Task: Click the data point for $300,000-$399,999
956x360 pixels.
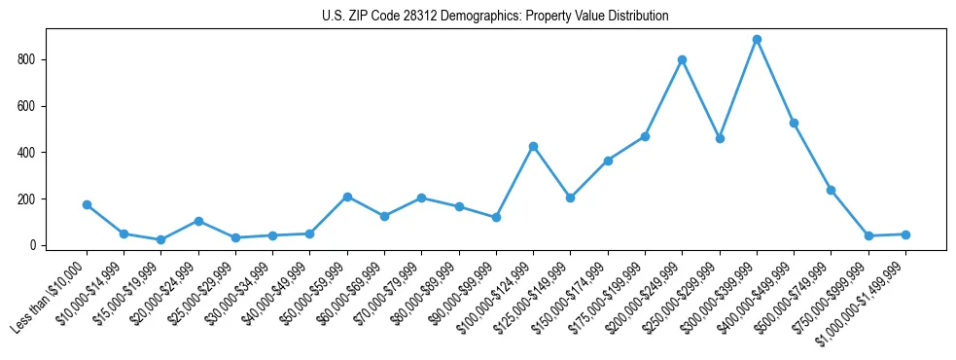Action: (x=757, y=40)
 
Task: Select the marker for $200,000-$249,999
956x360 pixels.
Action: (x=683, y=59)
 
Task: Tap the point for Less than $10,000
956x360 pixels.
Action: (x=87, y=204)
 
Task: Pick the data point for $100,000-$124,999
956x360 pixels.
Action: (x=533, y=146)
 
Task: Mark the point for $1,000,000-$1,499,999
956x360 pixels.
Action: (x=905, y=234)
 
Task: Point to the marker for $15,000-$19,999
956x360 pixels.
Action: (x=161, y=239)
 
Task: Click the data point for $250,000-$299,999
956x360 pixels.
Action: (x=720, y=138)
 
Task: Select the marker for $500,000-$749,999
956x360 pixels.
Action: (x=831, y=190)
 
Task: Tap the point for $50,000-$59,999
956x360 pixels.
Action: (x=347, y=197)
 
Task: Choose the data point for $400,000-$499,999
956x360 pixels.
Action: (x=794, y=123)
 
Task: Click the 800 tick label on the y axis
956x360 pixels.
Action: (x=27, y=59)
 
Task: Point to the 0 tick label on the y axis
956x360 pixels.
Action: (x=33, y=245)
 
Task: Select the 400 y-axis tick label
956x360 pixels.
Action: (x=27, y=153)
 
